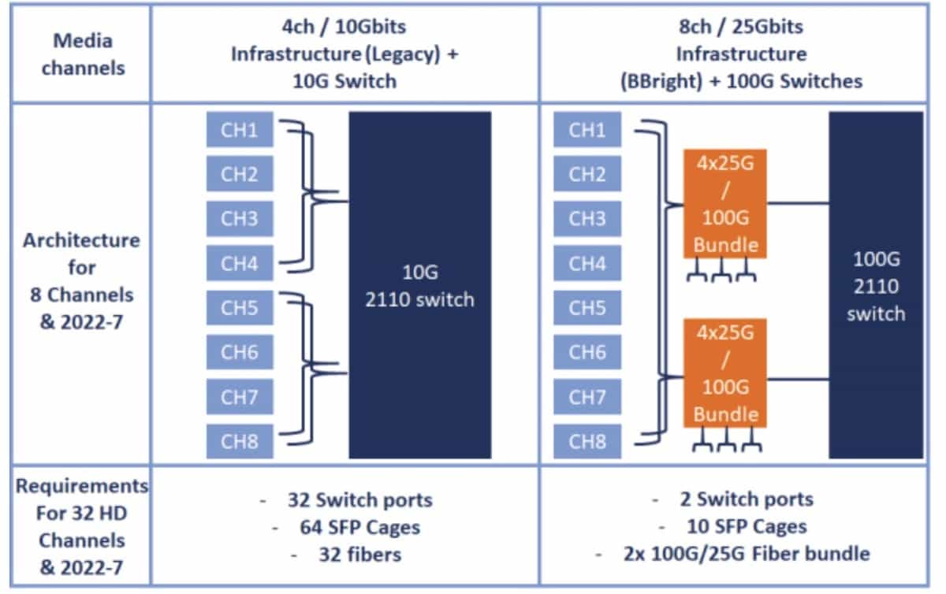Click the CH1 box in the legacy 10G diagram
pyautogui.click(x=240, y=130)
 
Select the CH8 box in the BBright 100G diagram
pyautogui.click(x=587, y=442)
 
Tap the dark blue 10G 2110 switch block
pyautogui.click(x=419, y=284)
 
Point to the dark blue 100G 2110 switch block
pyautogui.click(x=876, y=284)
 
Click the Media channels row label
pyautogui.click(x=83, y=54)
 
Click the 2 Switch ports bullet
pyautogui.click(x=746, y=499)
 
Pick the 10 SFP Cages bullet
pyautogui.click(x=746, y=526)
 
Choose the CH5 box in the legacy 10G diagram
pyautogui.click(x=240, y=307)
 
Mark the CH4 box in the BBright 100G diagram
pyautogui.click(x=587, y=263)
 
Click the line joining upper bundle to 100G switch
pyautogui.click(x=798, y=202)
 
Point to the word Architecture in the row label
pyautogui.click(x=81, y=240)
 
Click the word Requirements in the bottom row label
pyautogui.click(x=81, y=485)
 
